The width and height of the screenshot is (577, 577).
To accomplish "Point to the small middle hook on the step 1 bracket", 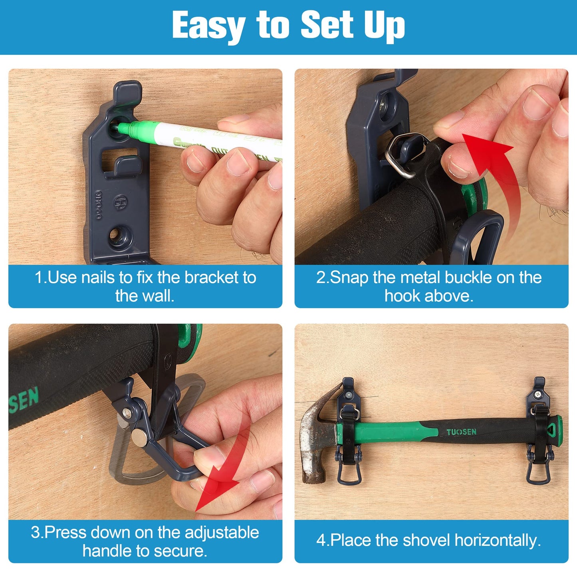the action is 126,166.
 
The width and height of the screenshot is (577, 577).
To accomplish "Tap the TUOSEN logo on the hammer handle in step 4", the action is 462,432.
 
